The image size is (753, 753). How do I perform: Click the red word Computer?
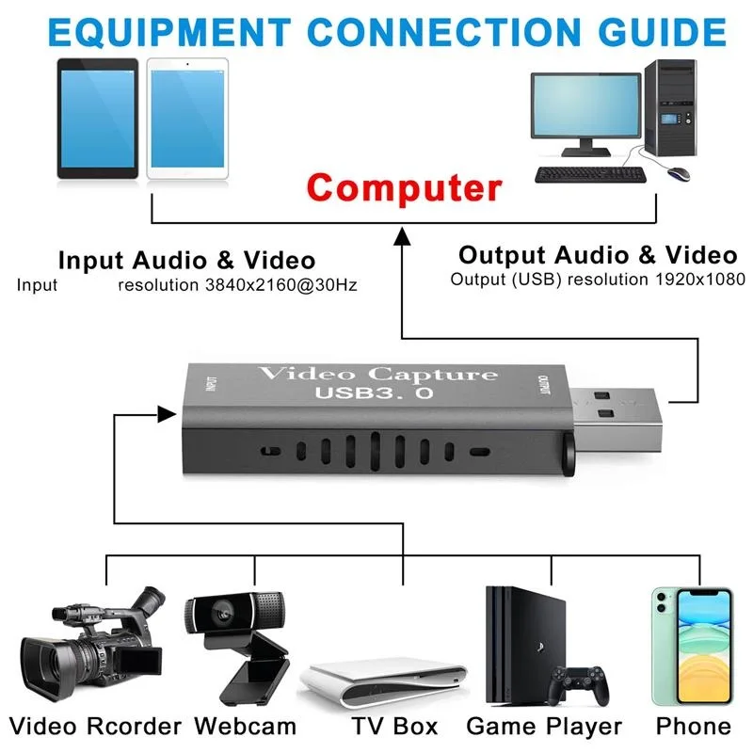tap(405, 188)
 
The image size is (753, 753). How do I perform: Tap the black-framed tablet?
tap(97, 119)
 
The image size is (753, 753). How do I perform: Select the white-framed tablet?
tap(186, 119)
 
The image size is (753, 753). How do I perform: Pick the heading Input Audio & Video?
tap(186, 260)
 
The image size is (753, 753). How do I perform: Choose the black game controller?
tap(575, 685)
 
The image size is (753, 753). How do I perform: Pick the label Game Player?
tap(544, 727)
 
